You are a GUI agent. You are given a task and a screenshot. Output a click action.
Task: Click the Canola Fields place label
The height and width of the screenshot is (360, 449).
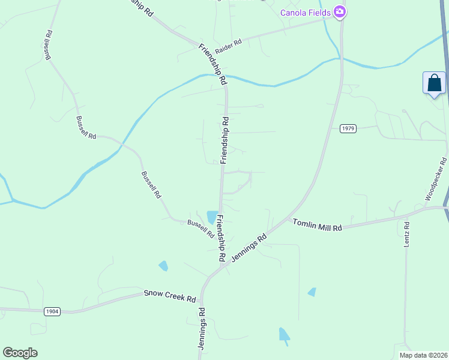(x=306, y=12)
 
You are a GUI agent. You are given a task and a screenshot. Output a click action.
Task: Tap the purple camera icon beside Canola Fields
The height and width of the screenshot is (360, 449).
(x=340, y=11)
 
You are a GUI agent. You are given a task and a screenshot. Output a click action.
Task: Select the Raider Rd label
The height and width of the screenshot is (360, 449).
(x=229, y=42)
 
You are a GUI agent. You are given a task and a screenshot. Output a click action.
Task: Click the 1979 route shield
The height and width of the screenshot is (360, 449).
(x=348, y=128)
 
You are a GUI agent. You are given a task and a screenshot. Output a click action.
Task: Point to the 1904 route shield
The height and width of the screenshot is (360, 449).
(x=52, y=311)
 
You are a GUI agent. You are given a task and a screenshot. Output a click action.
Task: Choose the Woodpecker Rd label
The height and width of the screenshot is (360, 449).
(x=436, y=179)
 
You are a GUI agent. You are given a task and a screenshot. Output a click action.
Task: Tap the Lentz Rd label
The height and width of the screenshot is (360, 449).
(x=406, y=235)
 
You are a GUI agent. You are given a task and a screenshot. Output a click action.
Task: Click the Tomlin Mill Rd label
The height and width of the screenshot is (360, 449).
(x=317, y=225)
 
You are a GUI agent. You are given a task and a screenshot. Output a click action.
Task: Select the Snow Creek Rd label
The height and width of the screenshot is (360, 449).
(x=170, y=296)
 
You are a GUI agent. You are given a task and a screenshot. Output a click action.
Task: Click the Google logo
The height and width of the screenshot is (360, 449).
(x=20, y=353)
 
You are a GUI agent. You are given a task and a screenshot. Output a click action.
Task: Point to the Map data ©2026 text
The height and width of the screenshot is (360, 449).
(x=423, y=355)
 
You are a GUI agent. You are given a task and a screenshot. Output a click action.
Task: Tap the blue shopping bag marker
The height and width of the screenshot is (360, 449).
(x=434, y=83)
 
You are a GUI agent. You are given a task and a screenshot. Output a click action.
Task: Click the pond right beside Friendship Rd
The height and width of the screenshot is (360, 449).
(x=212, y=217)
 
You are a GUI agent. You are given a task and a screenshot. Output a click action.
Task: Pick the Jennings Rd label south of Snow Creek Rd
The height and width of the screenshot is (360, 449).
(x=202, y=329)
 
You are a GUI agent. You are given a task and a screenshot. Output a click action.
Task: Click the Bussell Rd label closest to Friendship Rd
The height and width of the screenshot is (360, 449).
(x=200, y=228)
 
